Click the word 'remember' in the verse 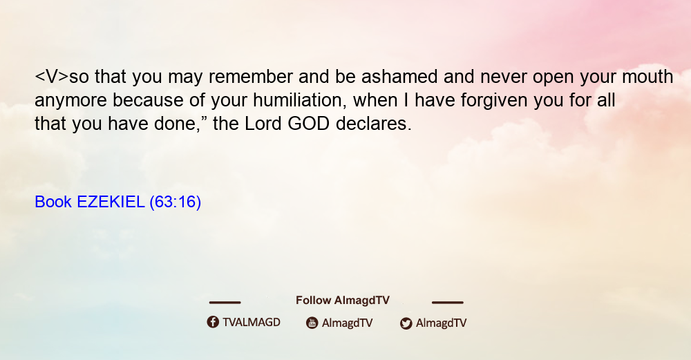pyautogui.click(x=251, y=77)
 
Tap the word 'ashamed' pyautogui.click(x=399, y=77)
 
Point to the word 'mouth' pyautogui.click(x=647, y=77)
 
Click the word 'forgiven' pyautogui.click(x=494, y=100)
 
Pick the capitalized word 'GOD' pyautogui.click(x=308, y=124)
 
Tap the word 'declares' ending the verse pyautogui.click(x=373, y=124)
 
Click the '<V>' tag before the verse pyautogui.click(x=52, y=77)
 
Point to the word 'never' pyautogui.click(x=503, y=77)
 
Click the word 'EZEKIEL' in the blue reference pyautogui.click(x=111, y=202)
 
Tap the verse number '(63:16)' pyautogui.click(x=176, y=202)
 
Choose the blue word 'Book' pyautogui.click(x=53, y=202)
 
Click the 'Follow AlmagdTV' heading pyautogui.click(x=343, y=300)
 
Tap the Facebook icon pyautogui.click(x=213, y=322)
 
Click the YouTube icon pyautogui.click(x=312, y=323)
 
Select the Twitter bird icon pyautogui.click(x=406, y=323)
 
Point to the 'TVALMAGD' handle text pyautogui.click(x=252, y=323)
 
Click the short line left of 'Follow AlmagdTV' pyautogui.click(x=225, y=302)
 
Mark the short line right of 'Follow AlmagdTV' pyautogui.click(x=447, y=302)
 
